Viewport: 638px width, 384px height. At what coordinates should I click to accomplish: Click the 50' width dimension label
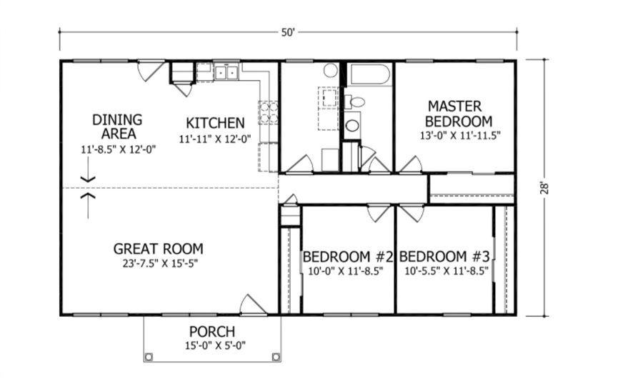(288, 32)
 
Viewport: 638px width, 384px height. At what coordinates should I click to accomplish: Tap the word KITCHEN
(215, 123)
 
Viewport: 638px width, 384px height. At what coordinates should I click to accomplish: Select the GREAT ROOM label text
(159, 248)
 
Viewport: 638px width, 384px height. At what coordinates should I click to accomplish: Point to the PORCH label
(212, 332)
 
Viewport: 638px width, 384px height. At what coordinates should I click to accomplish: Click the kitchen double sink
(226, 72)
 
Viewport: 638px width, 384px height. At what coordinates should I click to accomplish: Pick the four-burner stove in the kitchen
(269, 113)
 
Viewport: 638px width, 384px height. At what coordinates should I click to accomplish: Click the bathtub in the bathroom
(368, 74)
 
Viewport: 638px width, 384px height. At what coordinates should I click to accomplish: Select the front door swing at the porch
(253, 305)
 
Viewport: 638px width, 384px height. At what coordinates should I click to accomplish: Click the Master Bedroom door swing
(411, 164)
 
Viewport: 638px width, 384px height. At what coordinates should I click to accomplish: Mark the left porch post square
(149, 357)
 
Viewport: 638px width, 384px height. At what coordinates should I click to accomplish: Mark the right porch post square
(276, 357)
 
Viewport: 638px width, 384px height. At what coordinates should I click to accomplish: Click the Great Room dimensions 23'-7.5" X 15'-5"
(160, 263)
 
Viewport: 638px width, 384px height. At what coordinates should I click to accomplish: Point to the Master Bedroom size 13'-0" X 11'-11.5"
(460, 136)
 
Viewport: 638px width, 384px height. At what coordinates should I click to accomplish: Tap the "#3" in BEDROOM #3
(482, 257)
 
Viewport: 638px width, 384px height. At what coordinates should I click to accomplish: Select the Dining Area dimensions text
(119, 149)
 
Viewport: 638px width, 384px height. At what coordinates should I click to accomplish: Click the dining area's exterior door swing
(151, 71)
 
